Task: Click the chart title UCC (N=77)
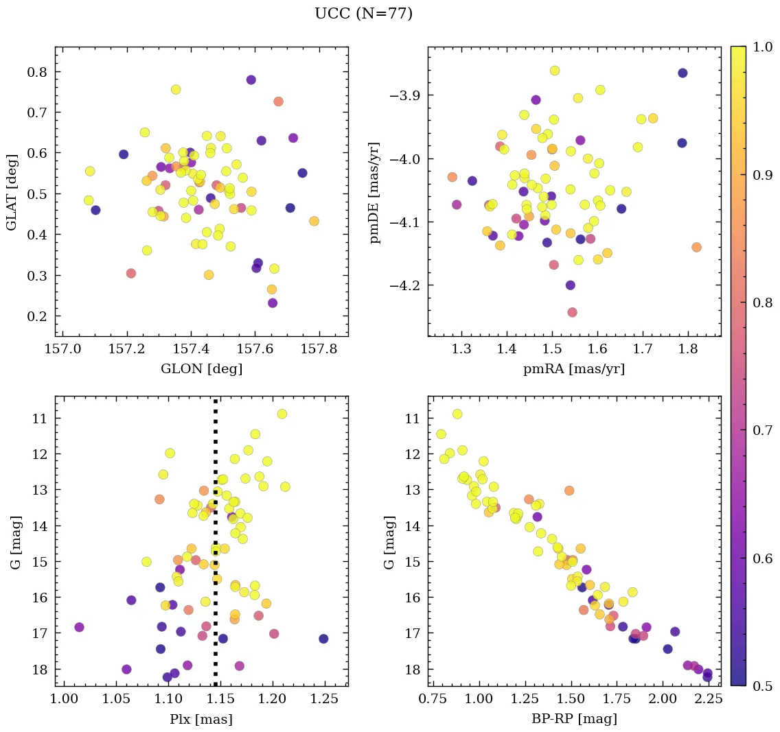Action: tap(363, 14)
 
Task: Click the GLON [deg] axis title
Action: tap(201, 369)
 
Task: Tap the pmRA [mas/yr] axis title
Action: tap(574, 369)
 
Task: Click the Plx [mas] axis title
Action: tap(201, 719)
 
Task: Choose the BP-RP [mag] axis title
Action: tap(574, 719)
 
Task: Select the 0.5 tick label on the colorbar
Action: tap(762, 686)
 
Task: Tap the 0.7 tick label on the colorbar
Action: tap(762, 430)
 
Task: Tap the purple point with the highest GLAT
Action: tap(251, 80)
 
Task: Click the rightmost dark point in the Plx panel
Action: tap(323, 639)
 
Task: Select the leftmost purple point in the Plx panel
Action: tap(79, 627)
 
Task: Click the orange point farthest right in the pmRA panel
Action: tap(696, 247)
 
